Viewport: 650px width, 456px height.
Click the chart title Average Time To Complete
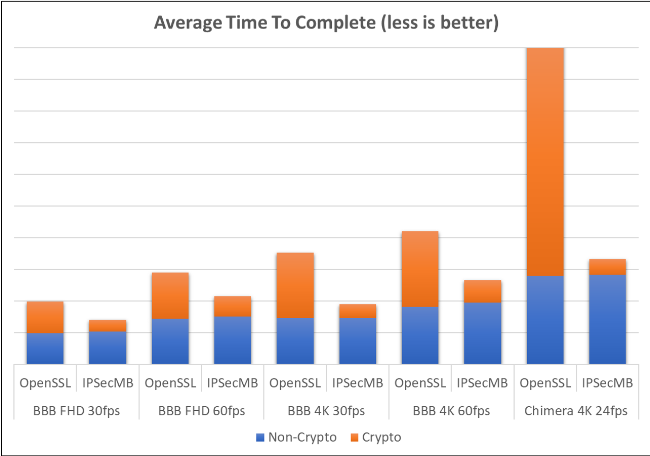[326, 23]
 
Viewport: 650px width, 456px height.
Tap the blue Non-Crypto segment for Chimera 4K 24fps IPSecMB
[607, 319]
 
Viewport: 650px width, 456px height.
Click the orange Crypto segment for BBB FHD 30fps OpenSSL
[45, 317]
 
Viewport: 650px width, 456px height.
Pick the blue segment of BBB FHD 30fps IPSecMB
[108, 347]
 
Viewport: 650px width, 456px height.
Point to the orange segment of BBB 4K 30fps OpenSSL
[295, 285]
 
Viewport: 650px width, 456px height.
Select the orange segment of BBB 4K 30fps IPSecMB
[357, 311]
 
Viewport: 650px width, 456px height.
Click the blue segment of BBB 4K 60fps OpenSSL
[420, 335]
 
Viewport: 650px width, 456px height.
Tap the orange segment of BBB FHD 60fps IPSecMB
[232, 306]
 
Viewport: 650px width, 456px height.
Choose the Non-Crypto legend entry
[296, 437]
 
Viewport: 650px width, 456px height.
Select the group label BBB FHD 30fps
[76, 410]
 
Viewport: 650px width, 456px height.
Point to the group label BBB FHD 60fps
[201, 410]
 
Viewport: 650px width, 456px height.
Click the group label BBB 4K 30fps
[327, 410]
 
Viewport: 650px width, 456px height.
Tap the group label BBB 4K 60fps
[451, 410]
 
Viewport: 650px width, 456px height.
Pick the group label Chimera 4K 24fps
[576, 410]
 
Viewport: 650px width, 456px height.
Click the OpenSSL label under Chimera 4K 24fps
[545, 383]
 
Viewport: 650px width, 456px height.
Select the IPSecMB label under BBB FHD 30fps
[108, 383]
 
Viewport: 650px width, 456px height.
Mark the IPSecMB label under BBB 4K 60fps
[482, 383]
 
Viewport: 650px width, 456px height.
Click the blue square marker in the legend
[259, 438]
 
